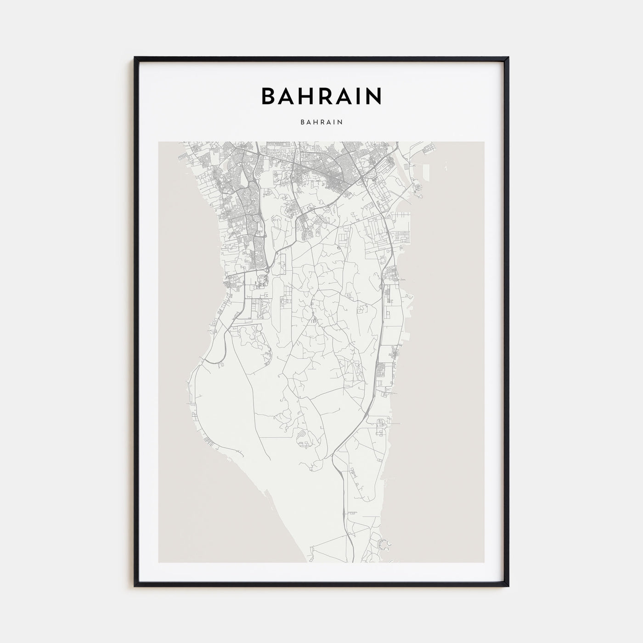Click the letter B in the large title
click(269, 96)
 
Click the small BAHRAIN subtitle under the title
click(321, 123)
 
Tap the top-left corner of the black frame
click(135, 58)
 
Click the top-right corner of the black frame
click(508, 58)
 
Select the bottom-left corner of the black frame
click(135, 586)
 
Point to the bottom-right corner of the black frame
click(508, 586)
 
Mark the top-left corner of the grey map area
click(159, 142)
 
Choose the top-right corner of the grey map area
click(484, 142)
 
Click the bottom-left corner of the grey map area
click(159, 562)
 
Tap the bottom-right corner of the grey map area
click(484, 562)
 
